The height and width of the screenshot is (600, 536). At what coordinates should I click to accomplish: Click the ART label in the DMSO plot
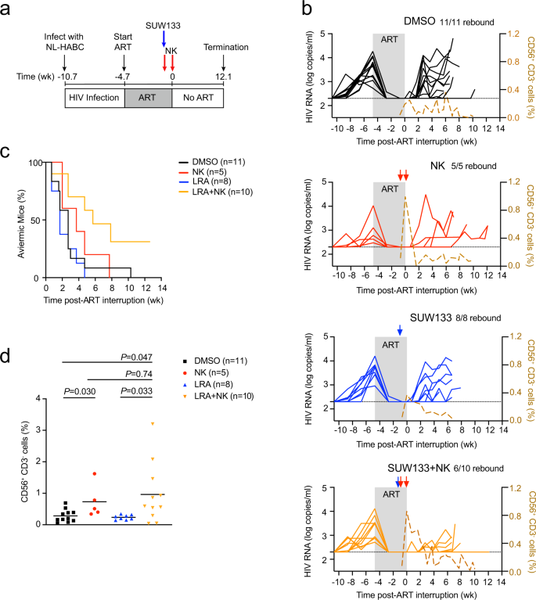389,38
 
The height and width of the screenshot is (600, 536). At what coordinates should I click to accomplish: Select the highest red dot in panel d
94,474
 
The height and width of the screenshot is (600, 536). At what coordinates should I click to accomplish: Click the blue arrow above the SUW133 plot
400,332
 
